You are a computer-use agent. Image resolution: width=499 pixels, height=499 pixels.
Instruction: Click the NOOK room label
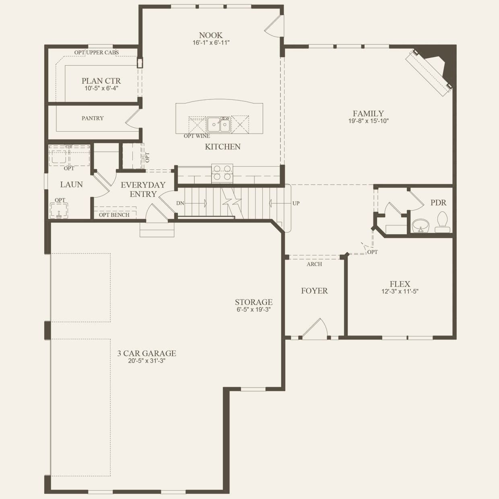click(210, 35)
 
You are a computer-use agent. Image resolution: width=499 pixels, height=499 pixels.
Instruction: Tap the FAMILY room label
click(368, 113)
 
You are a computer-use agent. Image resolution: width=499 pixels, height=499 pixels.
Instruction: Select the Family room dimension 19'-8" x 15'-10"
click(368, 121)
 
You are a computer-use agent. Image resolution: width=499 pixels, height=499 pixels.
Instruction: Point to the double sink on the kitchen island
click(219, 124)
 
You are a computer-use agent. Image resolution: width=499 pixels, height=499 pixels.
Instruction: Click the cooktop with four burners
click(222, 173)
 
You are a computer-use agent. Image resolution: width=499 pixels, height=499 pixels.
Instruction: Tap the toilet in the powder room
click(442, 222)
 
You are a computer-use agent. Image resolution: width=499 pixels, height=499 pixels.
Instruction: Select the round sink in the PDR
click(421, 225)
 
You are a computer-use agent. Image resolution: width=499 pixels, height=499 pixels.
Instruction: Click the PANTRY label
click(93, 118)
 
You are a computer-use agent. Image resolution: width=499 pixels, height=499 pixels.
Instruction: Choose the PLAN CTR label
click(101, 81)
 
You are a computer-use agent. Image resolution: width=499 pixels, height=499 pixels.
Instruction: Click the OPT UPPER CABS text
click(97, 52)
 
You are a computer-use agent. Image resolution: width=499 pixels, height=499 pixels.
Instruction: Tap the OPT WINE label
click(197, 136)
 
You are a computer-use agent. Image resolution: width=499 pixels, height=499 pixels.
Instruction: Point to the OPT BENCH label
click(114, 215)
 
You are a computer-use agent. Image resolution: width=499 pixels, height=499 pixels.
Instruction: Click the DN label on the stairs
click(180, 203)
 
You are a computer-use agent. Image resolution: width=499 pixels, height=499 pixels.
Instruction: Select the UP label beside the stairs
click(296, 203)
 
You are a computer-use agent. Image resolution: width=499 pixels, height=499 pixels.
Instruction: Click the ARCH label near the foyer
click(314, 264)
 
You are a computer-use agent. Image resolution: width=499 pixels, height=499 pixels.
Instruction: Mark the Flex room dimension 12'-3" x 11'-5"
click(400, 291)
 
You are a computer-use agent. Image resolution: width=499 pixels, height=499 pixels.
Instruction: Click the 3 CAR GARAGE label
click(146, 353)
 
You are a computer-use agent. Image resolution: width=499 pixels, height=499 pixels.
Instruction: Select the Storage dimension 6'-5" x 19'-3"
click(254, 309)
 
